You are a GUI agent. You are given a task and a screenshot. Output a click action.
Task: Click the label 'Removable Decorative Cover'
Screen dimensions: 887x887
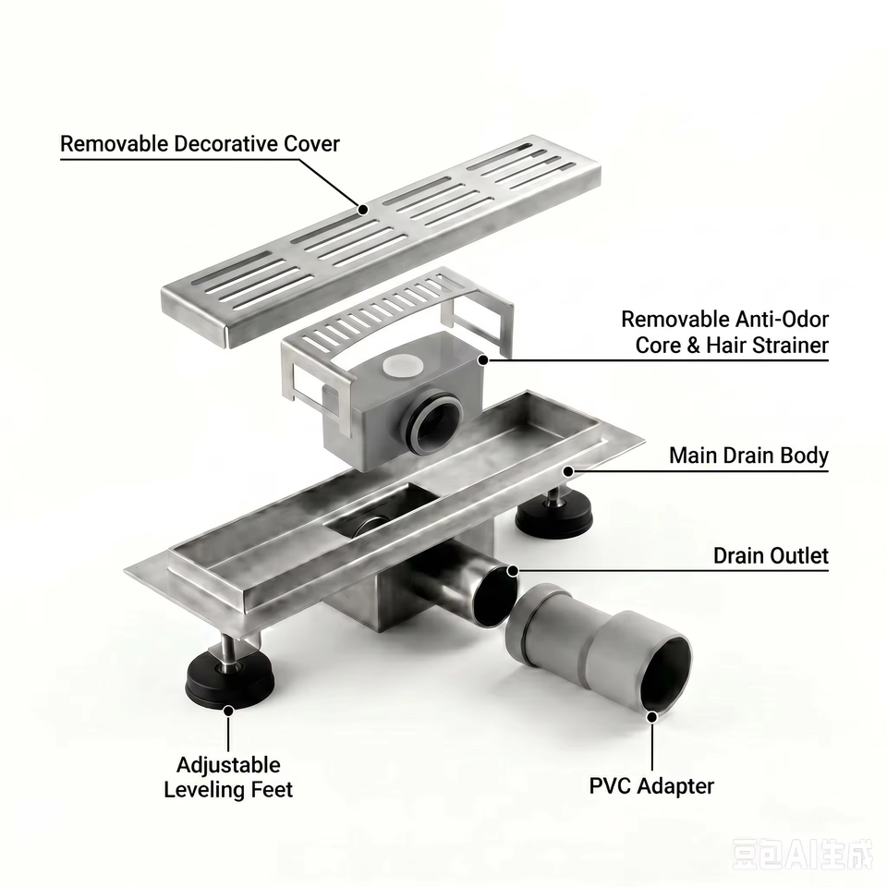pos(200,144)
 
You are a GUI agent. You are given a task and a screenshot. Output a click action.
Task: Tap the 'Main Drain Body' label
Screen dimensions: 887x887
pos(748,456)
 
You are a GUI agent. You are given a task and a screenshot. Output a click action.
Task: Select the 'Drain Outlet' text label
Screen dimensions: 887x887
pos(771,555)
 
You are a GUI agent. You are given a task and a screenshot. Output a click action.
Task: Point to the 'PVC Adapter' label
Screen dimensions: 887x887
pos(651,785)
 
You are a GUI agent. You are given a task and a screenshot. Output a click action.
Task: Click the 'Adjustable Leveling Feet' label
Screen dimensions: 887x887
pos(228,777)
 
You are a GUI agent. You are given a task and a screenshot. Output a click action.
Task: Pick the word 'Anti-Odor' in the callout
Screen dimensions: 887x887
pos(783,320)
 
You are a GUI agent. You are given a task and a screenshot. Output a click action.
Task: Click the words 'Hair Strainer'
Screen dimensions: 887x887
pos(767,345)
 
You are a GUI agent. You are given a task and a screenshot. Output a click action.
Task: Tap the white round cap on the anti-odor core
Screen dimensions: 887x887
pos(402,366)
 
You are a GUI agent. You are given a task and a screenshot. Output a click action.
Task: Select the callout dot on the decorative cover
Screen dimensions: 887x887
pos(363,210)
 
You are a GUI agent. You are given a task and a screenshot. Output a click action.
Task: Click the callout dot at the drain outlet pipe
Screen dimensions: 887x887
pos(513,571)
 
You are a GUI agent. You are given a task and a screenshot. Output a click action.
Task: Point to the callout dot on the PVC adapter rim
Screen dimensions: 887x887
pos(651,717)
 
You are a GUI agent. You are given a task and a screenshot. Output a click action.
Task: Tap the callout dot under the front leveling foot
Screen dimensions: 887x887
pos(228,711)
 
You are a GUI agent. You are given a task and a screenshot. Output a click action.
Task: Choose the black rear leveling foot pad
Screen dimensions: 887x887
pos(553,517)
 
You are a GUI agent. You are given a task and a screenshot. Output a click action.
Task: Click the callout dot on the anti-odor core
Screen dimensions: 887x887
pos(483,359)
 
